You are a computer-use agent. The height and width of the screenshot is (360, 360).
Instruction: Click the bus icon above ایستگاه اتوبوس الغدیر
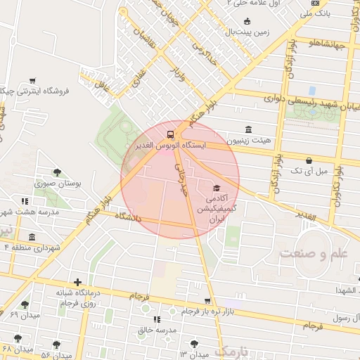(x=171, y=134)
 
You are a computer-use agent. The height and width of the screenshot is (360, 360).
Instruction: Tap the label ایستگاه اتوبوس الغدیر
(x=172, y=146)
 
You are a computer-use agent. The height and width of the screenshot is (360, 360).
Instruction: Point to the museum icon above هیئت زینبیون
(x=248, y=129)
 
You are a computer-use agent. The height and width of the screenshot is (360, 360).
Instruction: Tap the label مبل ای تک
(x=309, y=171)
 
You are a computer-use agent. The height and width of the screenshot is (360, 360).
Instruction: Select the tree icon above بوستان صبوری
(x=57, y=172)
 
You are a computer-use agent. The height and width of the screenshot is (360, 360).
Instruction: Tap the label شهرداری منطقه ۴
(x=31, y=247)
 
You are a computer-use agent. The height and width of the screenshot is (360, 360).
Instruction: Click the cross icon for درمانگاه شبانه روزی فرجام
(x=77, y=282)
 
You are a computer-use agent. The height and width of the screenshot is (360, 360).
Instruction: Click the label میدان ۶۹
(x=25, y=315)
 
